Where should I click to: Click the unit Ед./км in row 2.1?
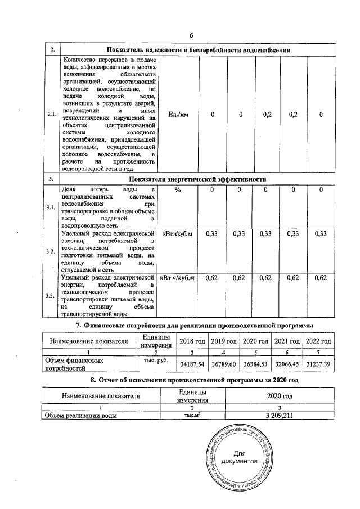coord(179,115)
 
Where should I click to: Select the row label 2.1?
coord(52,115)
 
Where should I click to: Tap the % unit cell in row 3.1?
coord(178,190)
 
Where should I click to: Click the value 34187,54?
coord(192,364)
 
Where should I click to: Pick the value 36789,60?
coord(223,364)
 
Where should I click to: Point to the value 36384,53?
coord(255,364)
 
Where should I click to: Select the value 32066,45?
coord(286,364)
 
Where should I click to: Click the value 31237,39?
coord(318,364)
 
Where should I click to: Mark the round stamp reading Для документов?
coord(239,457)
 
